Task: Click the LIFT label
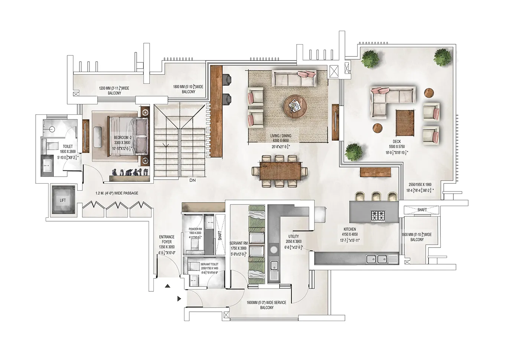click(x=63, y=200)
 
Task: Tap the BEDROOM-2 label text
click(x=122, y=138)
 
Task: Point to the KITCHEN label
click(x=349, y=229)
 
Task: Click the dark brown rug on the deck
click(x=406, y=123)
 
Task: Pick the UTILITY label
click(x=293, y=236)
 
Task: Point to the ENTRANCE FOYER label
click(x=166, y=239)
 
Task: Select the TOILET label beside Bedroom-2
click(x=68, y=147)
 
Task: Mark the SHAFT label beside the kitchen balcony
click(x=422, y=210)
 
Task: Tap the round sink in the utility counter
click(x=274, y=250)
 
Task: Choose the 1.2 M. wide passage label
click(x=114, y=193)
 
